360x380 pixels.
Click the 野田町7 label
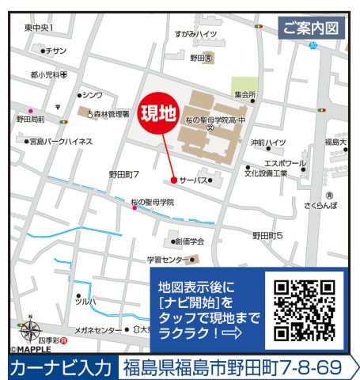(x=124, y=173)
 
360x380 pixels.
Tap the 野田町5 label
(x=267, y=235)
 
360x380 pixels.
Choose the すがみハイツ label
(x=196, y=34)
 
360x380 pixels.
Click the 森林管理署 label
(x=110, y=115)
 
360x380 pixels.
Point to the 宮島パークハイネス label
(x=61, y=141)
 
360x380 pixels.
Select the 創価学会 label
(x=189, y=241)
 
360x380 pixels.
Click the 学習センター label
(x=167, y=260)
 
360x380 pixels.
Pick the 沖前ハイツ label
(x=268, y=142)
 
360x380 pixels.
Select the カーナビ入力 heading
(x=61, y=367)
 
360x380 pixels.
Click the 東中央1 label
(x=39, y=28)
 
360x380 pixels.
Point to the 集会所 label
(x=245, y=94)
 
